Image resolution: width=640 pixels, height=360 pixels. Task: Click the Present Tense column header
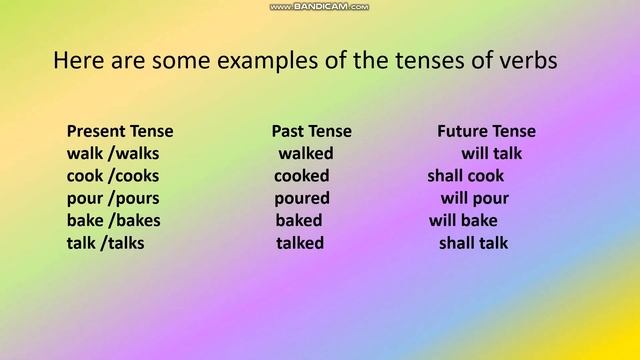(x=120, y=131)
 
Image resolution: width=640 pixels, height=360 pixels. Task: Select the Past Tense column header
(x=311, y=131)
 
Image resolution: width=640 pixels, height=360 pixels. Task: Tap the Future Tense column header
(x=486, y=131)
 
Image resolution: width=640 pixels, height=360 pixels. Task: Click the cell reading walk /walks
(x=113, y=154)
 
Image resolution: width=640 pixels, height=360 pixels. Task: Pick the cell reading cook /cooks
(x=113, y=176)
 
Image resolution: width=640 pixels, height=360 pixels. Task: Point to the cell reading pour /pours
(x=113, y=198)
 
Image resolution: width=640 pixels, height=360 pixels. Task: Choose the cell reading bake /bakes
(x=113, y=220)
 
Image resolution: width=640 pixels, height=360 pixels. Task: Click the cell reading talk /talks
(x=105, y=243)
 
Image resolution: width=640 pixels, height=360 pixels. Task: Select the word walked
(x=306, y=154)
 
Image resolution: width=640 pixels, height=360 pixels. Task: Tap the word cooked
(x=303, y=176)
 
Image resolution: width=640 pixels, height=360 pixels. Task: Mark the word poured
(x=302, y=198)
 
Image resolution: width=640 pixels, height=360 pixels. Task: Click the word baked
(x=299, y=220)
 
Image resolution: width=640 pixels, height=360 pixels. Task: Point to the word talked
(x=300, y=243)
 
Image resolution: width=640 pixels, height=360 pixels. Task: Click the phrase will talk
(x=491, y=154)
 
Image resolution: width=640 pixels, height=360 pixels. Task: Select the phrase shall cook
(x=465, y=176)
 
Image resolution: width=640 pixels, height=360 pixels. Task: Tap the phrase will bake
(x=463, y=220)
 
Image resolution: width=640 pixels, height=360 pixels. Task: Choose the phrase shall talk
(x=473, y=243)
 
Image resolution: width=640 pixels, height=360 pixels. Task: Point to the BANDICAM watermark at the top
(x=320, y=6)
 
